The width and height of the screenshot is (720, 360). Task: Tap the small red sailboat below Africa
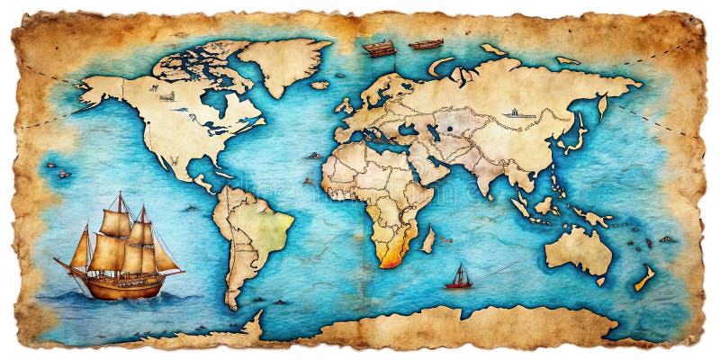point(458,277)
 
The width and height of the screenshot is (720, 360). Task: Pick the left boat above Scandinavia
point(380,49)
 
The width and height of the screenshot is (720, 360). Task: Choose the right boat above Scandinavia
point(426,43)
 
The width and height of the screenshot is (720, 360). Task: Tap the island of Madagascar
point(428,239)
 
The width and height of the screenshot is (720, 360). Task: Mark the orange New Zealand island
point(644,278)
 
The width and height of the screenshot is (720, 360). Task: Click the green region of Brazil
point(270,225)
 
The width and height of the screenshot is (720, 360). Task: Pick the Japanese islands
point(577,135)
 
